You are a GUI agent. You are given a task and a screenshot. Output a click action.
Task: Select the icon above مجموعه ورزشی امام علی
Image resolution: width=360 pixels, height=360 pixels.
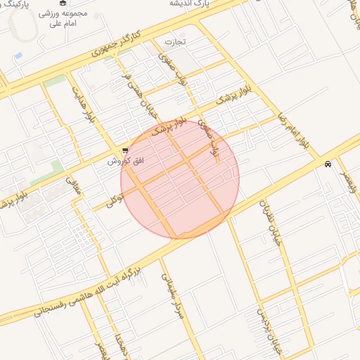click(63, 3)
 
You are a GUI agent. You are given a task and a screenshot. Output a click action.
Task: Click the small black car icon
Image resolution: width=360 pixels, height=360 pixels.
click(328, 165)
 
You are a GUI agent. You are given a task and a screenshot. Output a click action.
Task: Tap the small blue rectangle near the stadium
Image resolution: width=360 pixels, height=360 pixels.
click(18, 55)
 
